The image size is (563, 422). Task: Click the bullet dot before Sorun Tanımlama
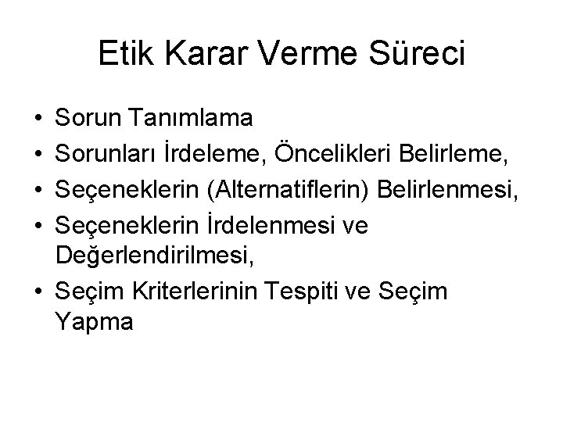click(38, 120)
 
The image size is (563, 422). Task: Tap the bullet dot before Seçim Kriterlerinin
click(38, 291)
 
